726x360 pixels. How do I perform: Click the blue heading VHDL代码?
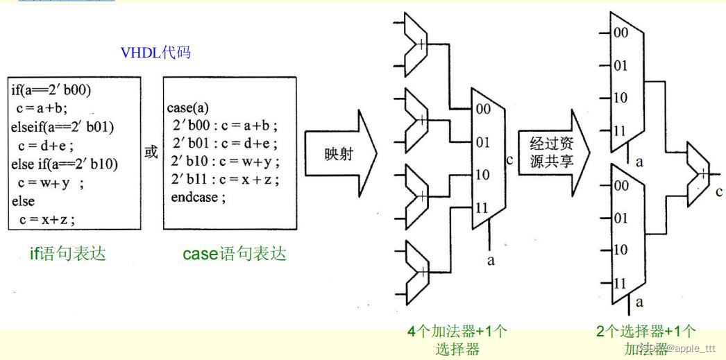(156, 53)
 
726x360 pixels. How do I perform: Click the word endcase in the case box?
(198, 198)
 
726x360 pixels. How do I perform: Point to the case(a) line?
(187, 108)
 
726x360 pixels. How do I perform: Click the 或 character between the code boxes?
(151, 153)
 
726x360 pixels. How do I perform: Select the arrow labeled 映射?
(340, 153)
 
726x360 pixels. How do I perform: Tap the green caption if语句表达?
(68, 254)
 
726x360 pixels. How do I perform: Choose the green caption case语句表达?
(235, 254)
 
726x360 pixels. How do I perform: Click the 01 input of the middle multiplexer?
(482, 143)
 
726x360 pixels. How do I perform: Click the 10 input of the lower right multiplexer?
(620, 250)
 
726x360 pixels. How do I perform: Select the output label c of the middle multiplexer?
(509, 161)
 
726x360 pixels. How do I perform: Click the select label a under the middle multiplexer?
(491, 261)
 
